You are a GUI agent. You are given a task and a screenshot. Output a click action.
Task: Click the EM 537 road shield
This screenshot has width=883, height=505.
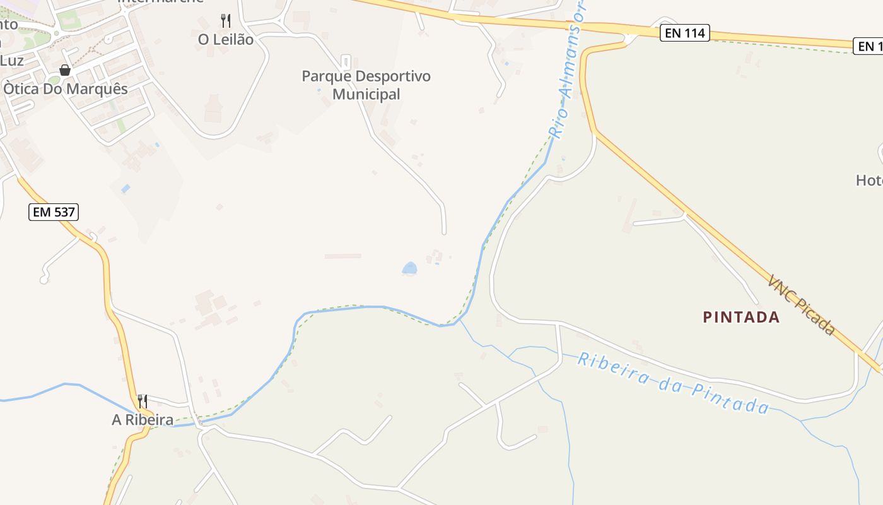[54, 212]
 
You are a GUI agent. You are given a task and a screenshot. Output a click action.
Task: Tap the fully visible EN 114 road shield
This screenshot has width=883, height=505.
[685, 33]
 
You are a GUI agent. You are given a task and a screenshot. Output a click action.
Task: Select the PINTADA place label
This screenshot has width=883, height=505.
[741, 317]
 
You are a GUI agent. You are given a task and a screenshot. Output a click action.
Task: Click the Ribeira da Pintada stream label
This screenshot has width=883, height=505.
[673, 383]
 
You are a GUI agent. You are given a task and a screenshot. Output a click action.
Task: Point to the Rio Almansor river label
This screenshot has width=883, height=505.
[569, 69]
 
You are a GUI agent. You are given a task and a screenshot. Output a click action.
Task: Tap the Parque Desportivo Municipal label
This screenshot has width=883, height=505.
[366, 85]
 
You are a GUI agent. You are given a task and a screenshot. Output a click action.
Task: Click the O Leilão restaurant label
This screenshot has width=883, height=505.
[226, 40]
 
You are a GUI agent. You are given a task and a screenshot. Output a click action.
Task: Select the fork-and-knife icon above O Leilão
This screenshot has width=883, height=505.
[226, 21]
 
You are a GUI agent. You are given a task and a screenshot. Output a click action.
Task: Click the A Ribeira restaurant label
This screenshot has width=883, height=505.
[143, 420]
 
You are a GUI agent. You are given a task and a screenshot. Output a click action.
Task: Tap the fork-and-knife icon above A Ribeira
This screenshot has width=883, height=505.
[143, 401]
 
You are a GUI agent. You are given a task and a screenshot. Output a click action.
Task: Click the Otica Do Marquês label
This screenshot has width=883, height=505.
[66, 89]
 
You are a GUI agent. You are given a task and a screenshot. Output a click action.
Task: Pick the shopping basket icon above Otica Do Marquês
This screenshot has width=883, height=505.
[65, 70]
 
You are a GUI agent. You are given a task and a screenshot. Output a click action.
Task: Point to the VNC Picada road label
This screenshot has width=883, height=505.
[801, 304]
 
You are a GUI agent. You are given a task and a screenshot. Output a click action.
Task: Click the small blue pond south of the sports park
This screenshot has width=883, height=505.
[410, 269]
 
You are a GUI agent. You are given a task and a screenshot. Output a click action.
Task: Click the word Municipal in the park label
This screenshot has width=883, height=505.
[366, 95]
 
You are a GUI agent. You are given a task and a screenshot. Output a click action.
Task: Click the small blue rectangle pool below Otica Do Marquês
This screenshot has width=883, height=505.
[126, 189]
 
